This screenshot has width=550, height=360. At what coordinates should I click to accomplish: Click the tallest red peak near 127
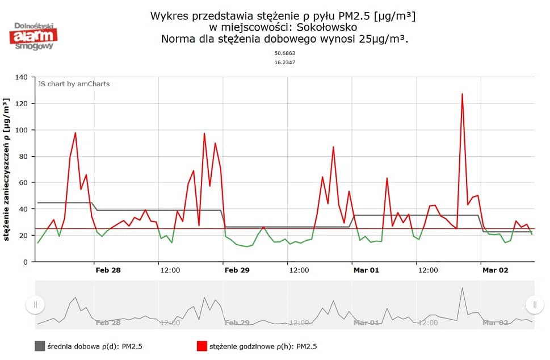pos(462,94)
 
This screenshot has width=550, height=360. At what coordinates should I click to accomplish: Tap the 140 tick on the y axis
pos(22,77)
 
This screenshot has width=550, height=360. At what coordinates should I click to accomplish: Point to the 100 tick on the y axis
pos(22,130)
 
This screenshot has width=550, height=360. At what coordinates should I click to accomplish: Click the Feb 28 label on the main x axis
pos(108,270)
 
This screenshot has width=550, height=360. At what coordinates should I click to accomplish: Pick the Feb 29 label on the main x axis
pos(237,270)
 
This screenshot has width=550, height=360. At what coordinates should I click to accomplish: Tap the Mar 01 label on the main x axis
pos(366,270)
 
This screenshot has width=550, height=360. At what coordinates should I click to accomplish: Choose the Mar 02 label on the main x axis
pos(495,270)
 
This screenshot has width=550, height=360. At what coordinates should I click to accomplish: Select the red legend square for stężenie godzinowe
pos(201,346)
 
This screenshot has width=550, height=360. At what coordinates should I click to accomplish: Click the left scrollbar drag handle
pos(35,305)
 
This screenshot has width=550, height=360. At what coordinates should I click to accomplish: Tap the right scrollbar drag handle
pos(534,305)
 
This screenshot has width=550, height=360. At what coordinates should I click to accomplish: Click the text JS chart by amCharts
pos(74,84)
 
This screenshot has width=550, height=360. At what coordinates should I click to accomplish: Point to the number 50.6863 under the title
pos(285,53)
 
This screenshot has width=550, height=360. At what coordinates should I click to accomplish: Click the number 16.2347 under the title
pos(285,62)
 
